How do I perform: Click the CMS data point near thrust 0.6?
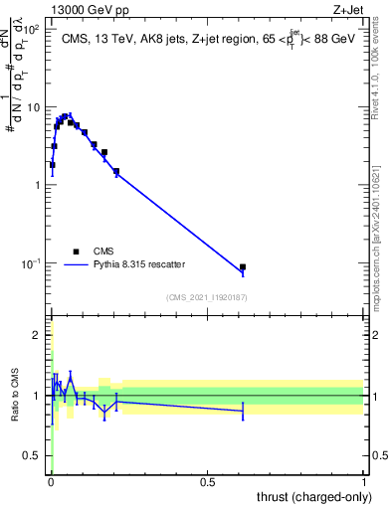(243, 267)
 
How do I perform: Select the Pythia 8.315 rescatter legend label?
(145, 264)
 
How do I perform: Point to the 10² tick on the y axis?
(36, 29)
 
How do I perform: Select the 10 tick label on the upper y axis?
(34, 107)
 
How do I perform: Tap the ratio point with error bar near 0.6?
(243, 410)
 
